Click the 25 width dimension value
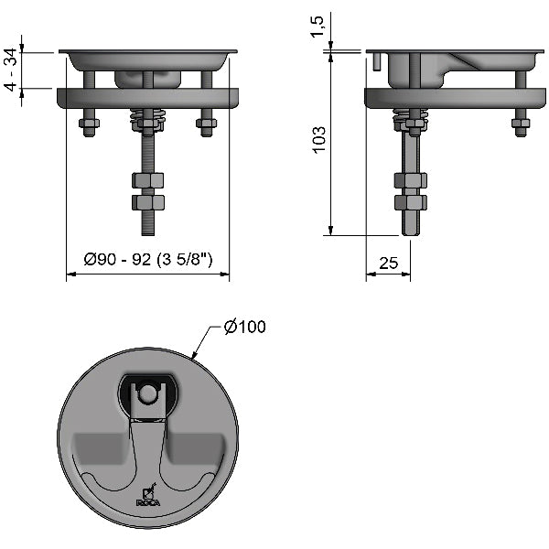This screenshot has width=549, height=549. click(x=388, y=264)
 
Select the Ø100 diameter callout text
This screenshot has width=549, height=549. click(x=244, y=327)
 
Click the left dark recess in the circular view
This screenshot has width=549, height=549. click(x=98, y=449)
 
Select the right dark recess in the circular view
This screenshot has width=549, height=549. click(x=197, y=449)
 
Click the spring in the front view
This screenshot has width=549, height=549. click(x=146, y=120)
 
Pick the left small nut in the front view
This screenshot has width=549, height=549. click(x=90, y=124)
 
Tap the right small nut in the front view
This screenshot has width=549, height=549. click(x=205, y=124)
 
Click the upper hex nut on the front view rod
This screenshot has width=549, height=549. click(x=147, y=180)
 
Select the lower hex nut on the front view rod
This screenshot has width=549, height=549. click(x=147, y=200)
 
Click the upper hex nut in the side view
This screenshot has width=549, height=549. click(x=411, y=180)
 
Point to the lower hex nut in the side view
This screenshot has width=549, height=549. click(x=411, y=201)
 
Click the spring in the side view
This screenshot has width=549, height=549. click(x=410, y=119)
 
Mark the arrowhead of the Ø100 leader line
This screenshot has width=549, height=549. click(x=191, y=354)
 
